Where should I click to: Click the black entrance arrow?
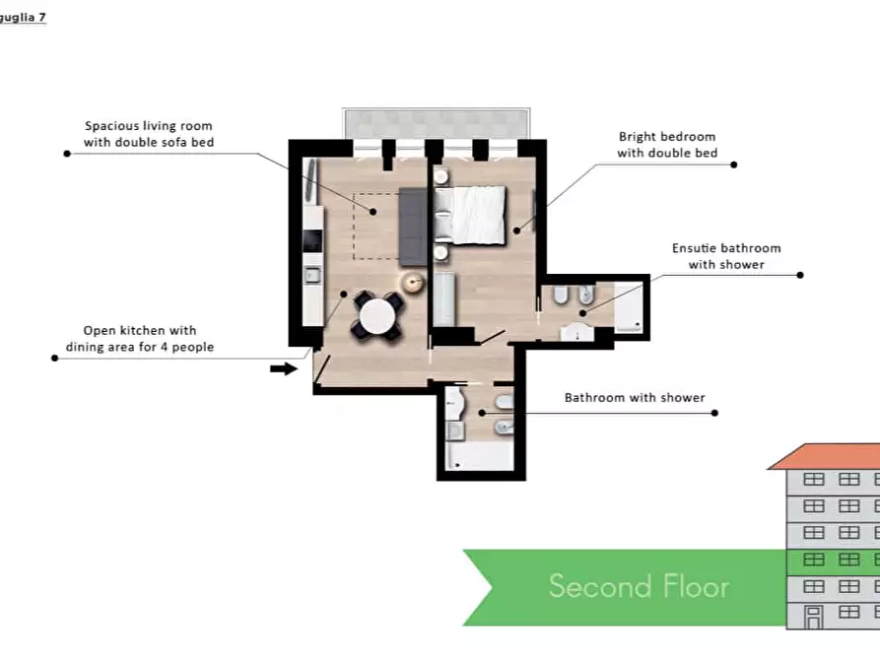point(284,368)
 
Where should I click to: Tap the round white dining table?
point(377,316)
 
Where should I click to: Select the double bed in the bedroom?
point(470,216)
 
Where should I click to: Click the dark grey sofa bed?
point(413,228)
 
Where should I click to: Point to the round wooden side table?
point(414,283)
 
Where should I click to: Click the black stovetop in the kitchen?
point(312,240)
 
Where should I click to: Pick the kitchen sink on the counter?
point(312,275)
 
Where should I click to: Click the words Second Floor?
point(639,586)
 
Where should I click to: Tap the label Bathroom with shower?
point(635,398)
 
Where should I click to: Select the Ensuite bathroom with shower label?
point(726,256)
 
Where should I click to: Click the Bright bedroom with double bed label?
point(667,145)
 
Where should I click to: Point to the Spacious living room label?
point(149,134)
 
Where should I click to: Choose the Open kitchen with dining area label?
point(140,339)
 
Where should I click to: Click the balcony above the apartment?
point(437,123)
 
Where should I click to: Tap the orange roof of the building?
point(824,456)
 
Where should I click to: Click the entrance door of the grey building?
point(813,618)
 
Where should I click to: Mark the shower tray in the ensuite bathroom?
point(629,306)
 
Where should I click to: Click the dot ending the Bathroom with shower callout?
point(714,413)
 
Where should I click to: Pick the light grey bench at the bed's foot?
point(443,299)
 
